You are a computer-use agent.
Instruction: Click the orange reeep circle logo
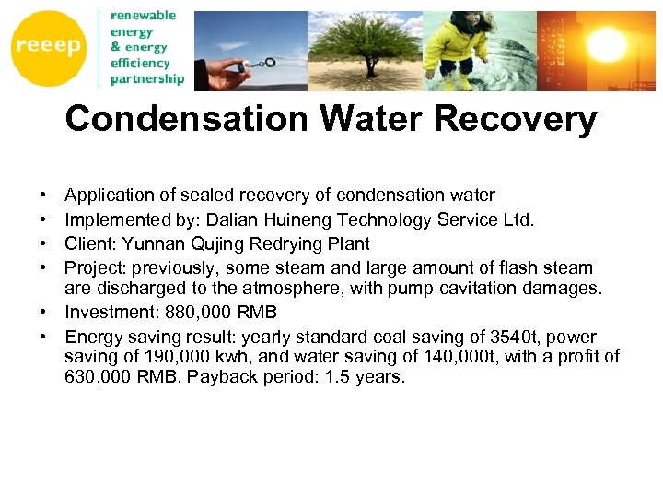click(x=48, y=46)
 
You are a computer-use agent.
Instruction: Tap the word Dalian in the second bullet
click(x=234, y=219)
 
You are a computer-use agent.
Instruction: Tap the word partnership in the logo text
click(x=147, y=78)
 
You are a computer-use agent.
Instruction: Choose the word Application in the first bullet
click(x=110, y=196)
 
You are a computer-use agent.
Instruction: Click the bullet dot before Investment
click(x=44, y=313)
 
